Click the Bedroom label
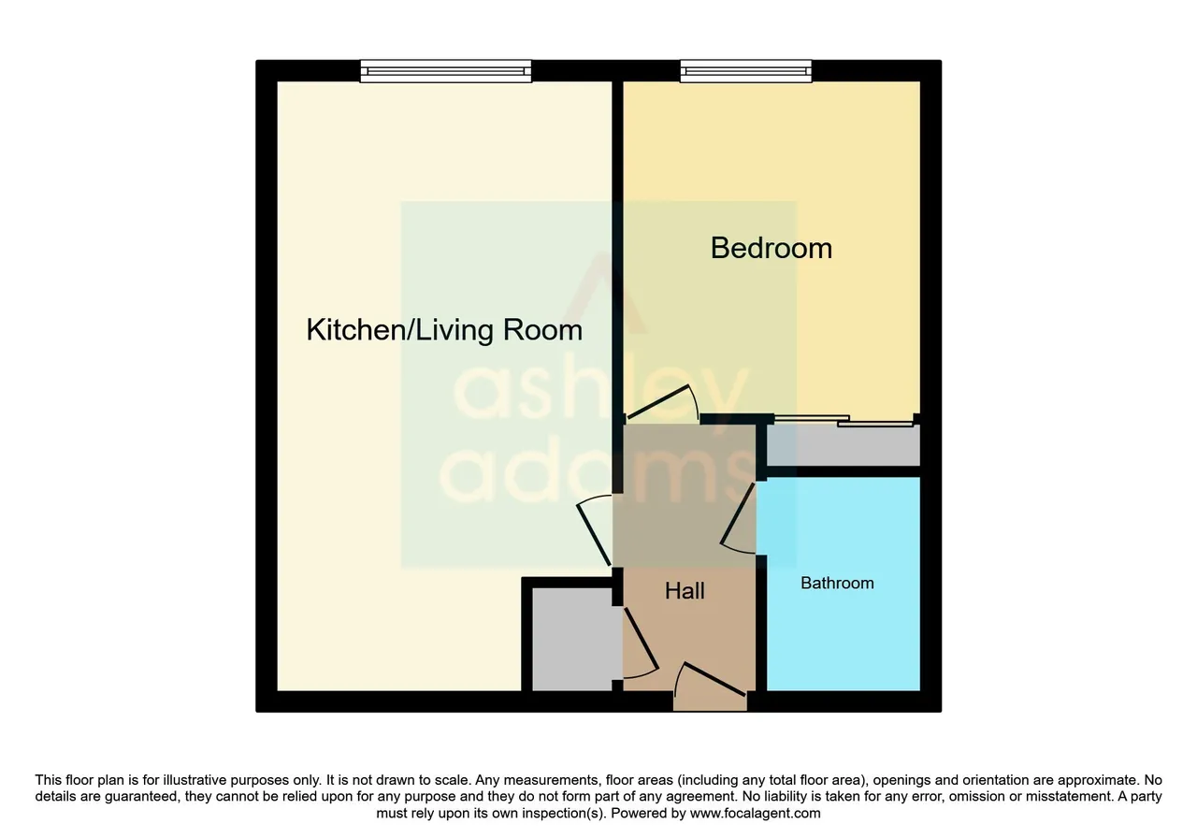(x=772, y=249)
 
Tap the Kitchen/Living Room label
(x=444, y=330)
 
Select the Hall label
(x=685, y=591)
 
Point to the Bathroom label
(x=837, y=583)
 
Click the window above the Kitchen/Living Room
(x=446, y=71)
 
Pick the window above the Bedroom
(x=746, y=71)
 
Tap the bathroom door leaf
(x=738, y=514)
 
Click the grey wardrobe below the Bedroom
(x=844, y=446)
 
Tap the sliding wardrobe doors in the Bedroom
(x=844, y=421)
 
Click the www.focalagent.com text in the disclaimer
(x=755, y=813)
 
